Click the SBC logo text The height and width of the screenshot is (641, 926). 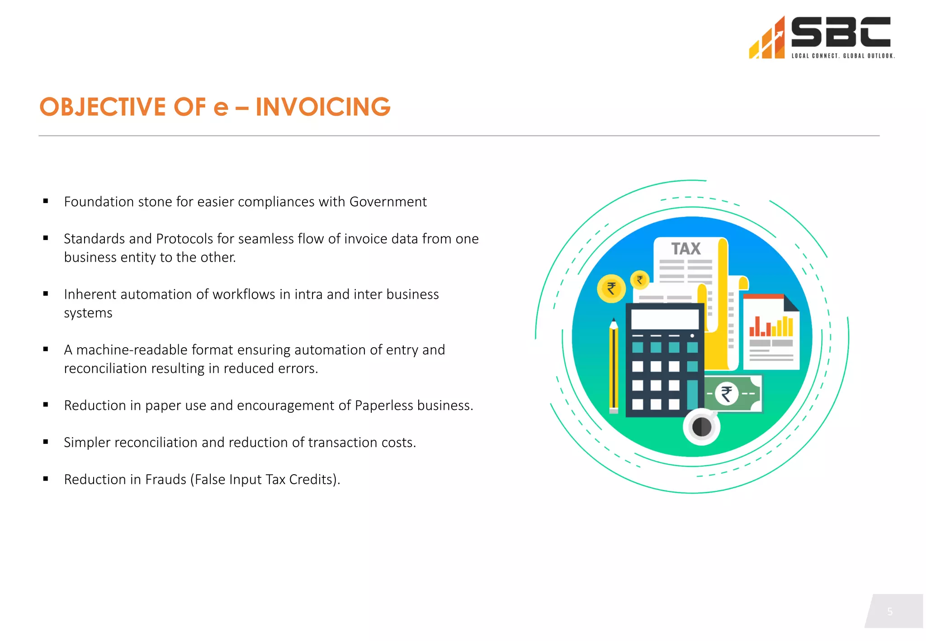point(841,32)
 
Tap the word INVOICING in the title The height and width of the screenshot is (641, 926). point(323,107)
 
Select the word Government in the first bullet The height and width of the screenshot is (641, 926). point(388,202)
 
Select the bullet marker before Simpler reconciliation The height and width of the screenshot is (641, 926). point(46,442)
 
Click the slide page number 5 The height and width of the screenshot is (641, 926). point(889,612)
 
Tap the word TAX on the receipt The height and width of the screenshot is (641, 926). point(685,249)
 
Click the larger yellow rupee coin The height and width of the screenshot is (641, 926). point(611,288)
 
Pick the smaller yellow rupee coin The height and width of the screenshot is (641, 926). point(640,280)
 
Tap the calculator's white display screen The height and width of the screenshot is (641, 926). point(665,319)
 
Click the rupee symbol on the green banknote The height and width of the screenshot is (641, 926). point(727,393)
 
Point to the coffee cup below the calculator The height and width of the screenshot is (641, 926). point(701,426)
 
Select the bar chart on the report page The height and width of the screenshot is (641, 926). point(770,326)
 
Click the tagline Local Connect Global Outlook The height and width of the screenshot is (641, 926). point(843,56)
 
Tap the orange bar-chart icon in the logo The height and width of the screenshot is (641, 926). point(767,41)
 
